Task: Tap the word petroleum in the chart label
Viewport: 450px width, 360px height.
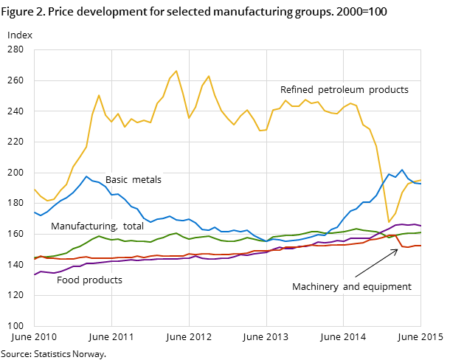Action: [x=339, y=90]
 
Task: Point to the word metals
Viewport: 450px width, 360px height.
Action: [x=147, y=180]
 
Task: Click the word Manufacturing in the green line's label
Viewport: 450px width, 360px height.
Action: [x=83, y=226]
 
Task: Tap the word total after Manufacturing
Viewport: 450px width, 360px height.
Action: [x=134, y=226]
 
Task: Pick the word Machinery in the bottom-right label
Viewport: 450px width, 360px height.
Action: [x=315, y=287]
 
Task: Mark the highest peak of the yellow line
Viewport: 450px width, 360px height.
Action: [x=176, y=71]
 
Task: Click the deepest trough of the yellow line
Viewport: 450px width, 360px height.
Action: [x=389, y=222]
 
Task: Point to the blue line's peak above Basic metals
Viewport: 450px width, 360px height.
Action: [x=86, y=176]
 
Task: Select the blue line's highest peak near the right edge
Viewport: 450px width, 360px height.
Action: [x=402, y=170]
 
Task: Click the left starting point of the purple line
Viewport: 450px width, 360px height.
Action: [x=35, y=274]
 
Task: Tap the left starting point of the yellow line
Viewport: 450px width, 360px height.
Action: [x=35, y=190]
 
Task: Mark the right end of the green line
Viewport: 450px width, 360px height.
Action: [x=420, y=232]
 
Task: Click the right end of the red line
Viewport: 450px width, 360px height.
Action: [x=420, y=246]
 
